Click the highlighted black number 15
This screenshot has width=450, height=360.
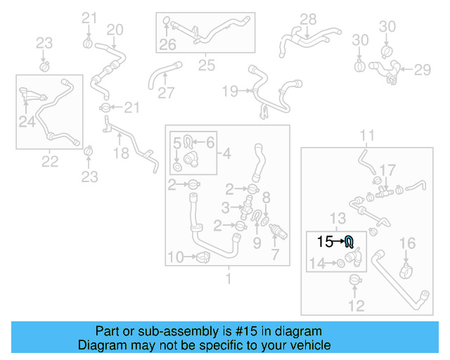point(325,242)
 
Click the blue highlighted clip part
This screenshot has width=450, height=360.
point(349,243)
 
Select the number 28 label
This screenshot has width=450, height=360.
point(308,19)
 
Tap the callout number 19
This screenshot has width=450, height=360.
point(230,91)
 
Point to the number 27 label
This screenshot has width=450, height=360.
point(165,92)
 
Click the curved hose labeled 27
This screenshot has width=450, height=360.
point(159,75)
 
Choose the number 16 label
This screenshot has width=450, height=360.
point(408,243)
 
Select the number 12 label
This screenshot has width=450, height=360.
point(356,305)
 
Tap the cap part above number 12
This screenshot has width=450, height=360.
point(356,282)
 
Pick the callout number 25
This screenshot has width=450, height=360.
point(206,65)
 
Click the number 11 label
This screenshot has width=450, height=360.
point(368,134)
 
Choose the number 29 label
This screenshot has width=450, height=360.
point(422,70)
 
